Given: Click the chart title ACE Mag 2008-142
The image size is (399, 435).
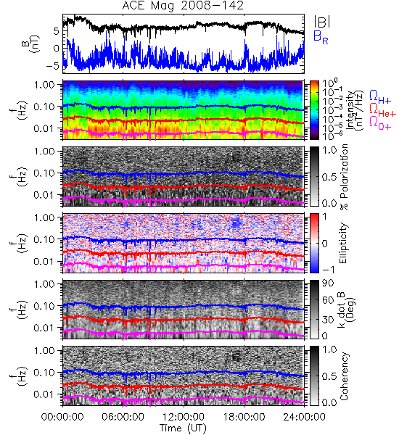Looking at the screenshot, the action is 183,6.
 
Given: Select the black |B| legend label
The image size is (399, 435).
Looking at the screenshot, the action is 322,22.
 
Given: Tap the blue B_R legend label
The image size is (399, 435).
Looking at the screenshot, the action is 321,37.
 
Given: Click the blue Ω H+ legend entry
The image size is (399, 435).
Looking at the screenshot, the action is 380,97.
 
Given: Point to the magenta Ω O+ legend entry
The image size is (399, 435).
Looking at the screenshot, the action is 380,123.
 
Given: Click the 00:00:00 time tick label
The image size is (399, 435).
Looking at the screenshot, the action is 62,417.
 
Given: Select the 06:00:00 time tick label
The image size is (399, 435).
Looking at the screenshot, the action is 123,417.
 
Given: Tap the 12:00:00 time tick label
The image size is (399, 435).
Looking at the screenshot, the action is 184,417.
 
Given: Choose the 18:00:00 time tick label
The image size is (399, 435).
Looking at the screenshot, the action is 244,417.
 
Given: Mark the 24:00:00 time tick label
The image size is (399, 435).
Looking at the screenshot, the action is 304,417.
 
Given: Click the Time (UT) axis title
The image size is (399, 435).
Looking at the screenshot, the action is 184,428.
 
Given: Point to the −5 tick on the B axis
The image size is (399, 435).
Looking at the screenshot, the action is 53,66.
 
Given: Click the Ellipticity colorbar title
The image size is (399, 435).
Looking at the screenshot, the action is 343,243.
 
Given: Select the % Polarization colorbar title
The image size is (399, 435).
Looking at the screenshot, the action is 345,177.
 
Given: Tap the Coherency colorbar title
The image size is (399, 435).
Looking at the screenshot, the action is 344,376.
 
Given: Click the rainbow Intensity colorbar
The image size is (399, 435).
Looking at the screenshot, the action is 314,110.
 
